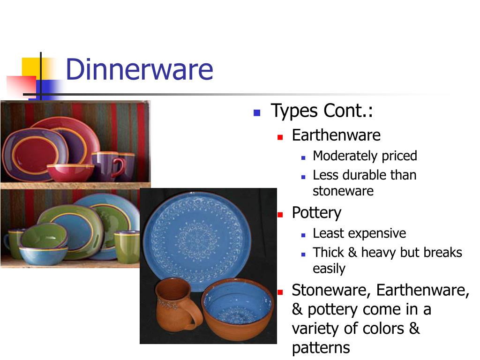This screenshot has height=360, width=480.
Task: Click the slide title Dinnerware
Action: tap(139, 69)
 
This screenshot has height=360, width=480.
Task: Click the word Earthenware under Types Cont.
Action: tap(336, 135)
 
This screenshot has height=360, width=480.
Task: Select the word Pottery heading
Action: tap(316, 213)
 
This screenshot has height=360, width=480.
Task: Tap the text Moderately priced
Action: tap(365, 156)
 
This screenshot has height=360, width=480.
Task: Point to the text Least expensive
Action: tap(359, 233)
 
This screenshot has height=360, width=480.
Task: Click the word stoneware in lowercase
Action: tap(343, 191)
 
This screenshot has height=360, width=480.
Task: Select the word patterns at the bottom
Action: tap(321, 347)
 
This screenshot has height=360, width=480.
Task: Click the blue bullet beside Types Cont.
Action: tap(256, 112)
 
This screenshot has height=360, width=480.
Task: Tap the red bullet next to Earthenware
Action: tap(280, 137)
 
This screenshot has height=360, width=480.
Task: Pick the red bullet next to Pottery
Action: tap(280, 214)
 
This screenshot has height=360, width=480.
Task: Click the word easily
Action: tap(329, 269)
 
